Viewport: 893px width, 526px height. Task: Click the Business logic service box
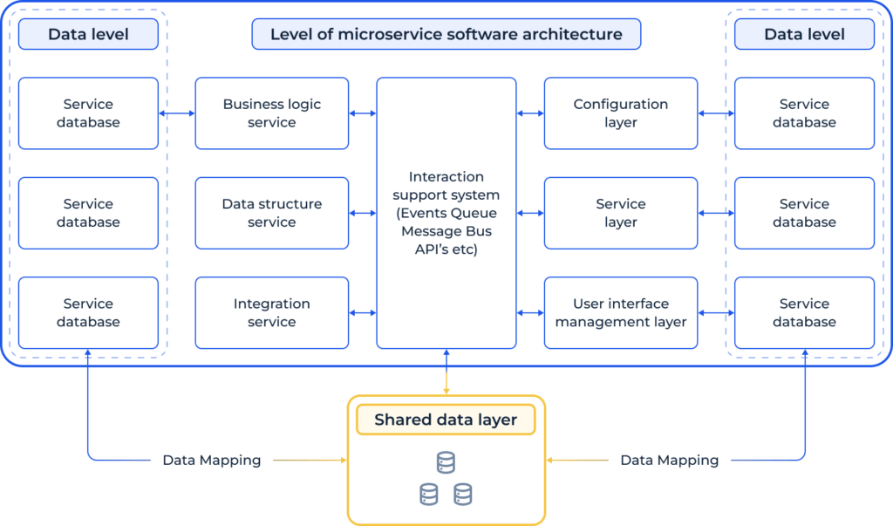271,113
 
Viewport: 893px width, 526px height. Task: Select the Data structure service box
271,213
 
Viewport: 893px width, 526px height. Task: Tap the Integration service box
271,312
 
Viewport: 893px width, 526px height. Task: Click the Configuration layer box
620,113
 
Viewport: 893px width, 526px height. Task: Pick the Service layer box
620,213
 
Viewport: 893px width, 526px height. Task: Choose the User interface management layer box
620,312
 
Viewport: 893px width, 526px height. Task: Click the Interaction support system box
446,213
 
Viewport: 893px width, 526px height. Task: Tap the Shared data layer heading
446,420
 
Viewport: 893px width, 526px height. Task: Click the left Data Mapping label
212,460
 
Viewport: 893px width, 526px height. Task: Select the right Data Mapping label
669,460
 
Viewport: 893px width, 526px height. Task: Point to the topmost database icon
446,463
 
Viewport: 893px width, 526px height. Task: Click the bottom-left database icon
428,495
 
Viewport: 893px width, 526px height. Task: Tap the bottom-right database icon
463,495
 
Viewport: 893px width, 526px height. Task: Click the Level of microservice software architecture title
446,35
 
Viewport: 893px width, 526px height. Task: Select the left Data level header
88,35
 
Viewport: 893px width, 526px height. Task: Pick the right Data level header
803,35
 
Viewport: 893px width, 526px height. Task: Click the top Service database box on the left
88,113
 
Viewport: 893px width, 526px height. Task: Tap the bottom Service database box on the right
803,312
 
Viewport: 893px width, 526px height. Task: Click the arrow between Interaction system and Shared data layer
446,372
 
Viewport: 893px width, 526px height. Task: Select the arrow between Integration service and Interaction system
363,312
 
